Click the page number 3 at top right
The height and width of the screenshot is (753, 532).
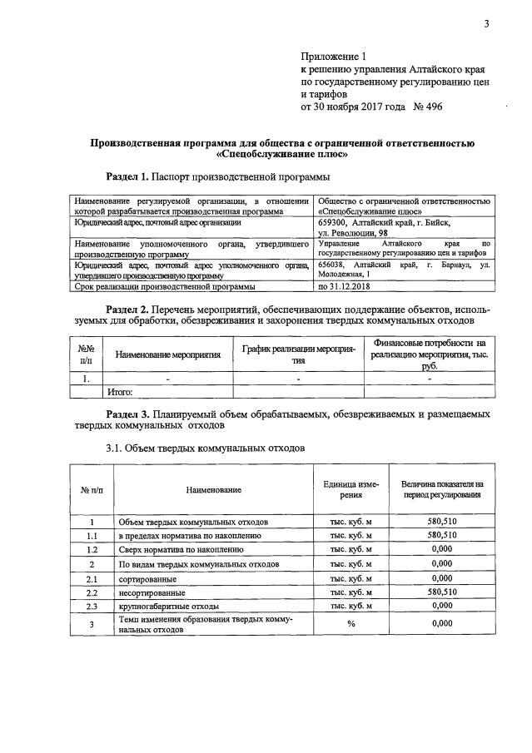tap(486, 23)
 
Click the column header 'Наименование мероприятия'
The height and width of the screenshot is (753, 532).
tap(168, 354)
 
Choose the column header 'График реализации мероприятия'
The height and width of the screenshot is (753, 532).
tap(298, 354)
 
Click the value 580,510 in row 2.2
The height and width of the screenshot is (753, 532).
tap(442, 592)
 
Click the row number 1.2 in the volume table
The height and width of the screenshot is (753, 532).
tap(92, 550)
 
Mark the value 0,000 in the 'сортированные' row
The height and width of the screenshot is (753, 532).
tap(442, 577)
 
